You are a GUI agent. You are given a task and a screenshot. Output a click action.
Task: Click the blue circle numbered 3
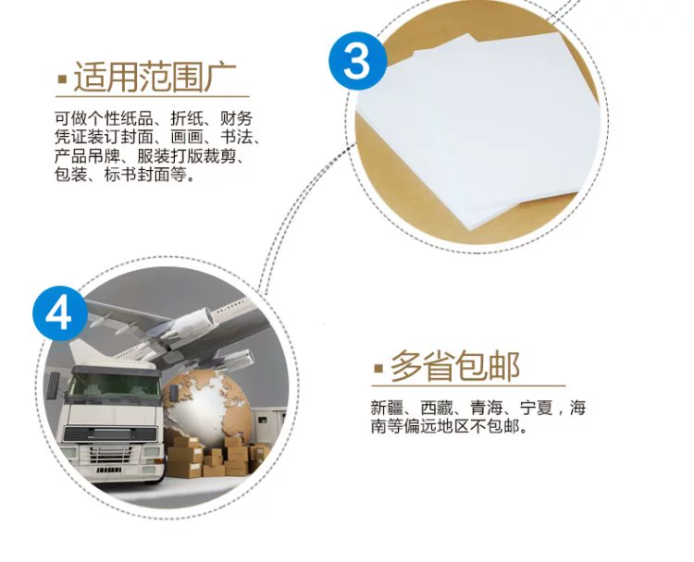click(357, 61)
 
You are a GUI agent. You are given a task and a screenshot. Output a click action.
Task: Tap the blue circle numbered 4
click(60, 313)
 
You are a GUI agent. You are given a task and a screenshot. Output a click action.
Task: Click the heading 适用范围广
click(155, 78)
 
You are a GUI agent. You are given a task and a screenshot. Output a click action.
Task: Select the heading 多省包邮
click(454, 366)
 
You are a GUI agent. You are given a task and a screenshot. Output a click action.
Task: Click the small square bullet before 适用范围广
click(62, 79)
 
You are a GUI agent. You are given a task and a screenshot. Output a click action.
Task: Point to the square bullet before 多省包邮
click(378, 368)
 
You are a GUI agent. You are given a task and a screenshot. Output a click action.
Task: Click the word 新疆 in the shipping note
click(387, 408)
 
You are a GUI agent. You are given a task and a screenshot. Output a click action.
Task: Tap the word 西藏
click(437, 408)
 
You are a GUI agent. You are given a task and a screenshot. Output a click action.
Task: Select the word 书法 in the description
click(236, 137)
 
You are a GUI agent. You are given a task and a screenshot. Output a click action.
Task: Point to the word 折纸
click(187, 118)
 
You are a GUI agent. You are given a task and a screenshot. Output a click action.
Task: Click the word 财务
click(236, 118)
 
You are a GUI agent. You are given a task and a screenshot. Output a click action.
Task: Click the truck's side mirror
click(54, 385)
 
